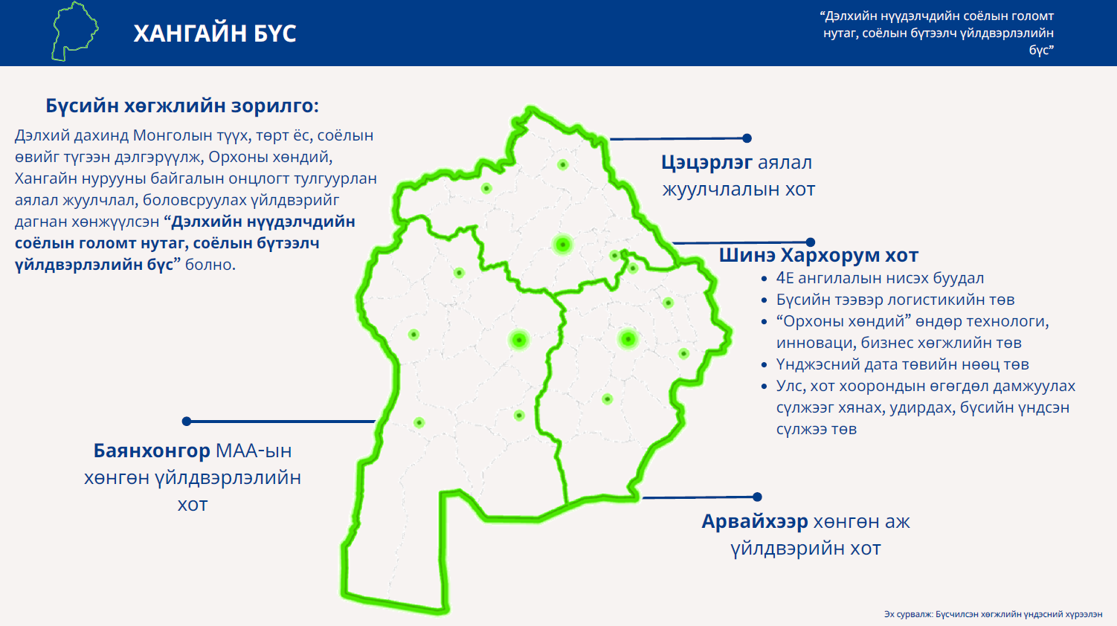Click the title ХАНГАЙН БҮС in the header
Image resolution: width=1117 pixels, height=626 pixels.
coord(214,33)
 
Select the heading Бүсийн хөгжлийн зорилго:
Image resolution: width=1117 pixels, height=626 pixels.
coord(182,106)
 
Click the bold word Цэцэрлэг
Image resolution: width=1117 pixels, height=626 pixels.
coord(706,163)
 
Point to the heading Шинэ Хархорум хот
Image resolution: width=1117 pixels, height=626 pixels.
coord(818,255)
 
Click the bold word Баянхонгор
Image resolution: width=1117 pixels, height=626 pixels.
coord(152,451)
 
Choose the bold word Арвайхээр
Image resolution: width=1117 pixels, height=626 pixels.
coord(755,521)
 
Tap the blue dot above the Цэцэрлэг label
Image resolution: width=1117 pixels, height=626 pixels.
coord(747,138)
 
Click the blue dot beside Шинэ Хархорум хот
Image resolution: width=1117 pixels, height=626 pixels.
coord(811,242)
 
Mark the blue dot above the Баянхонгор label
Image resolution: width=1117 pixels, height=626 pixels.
coord(187,421)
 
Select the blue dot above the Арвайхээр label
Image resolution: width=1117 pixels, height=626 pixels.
coord(757,497)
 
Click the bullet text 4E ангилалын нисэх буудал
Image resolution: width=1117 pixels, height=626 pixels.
coord(880,278)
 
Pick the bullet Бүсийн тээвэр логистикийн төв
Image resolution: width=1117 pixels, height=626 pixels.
coord(895,300)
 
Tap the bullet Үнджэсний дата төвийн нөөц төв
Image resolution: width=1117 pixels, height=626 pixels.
coord(903,364)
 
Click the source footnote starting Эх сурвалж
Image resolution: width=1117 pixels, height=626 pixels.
coord(994,615)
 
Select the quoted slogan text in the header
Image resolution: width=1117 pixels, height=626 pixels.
coord(937,33)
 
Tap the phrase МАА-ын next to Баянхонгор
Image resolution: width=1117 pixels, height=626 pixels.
coord(254,451)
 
